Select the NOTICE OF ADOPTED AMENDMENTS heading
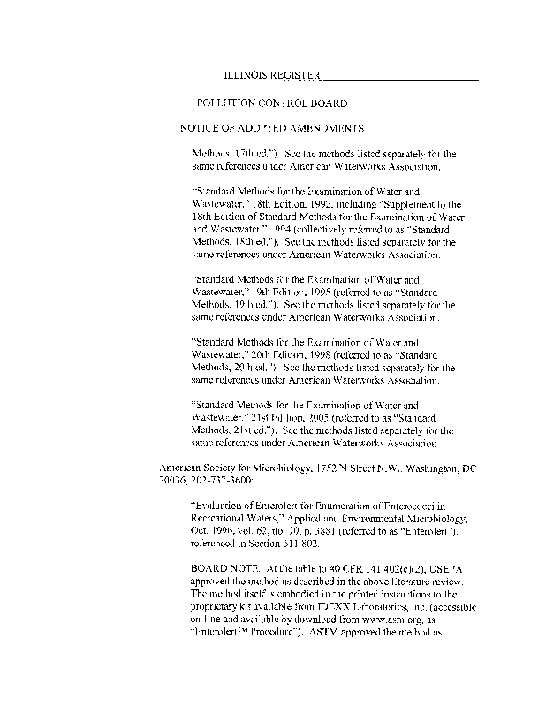[272, 127]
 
